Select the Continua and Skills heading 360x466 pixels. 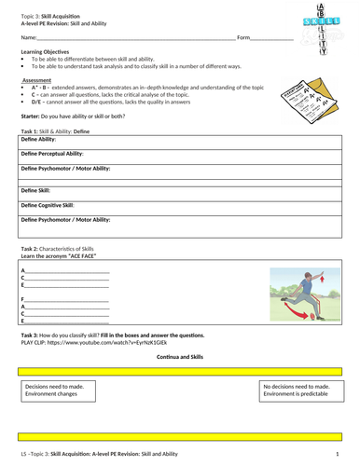coord(179,357)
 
